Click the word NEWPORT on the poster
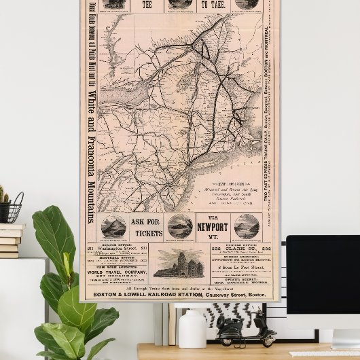(212, 228)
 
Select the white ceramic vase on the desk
(192, 329)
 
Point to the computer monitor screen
(323, 282)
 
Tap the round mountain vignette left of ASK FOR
(113, 228)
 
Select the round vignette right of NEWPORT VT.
(246, 226)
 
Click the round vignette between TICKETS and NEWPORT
(180, 227)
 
